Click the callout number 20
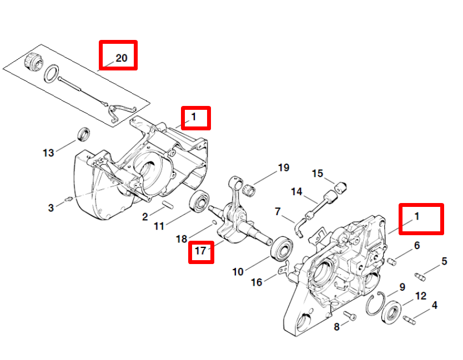(x=121, y=58)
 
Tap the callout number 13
(x=49, y=152)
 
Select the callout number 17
(x=200, y=251)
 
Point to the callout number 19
(x=284, y=168)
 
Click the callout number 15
(x=317, y=174)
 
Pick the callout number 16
(x=256, y=282)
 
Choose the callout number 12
(x=420, y=296)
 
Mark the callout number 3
(x=51, y=207)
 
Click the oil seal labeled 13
(x=83, y=134)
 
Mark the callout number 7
(x=278, y=211)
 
